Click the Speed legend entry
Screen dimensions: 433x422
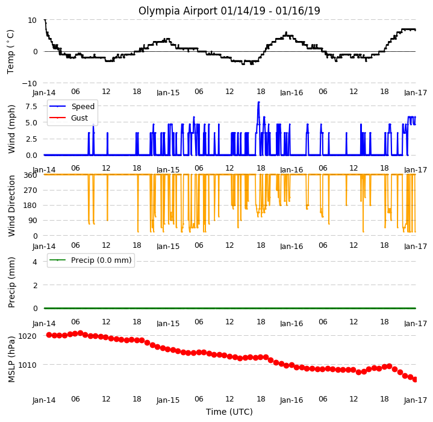click(x=72, y=106)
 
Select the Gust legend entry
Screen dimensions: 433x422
click(x=69, y=118)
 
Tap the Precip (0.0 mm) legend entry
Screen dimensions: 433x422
click(x=90, y=260)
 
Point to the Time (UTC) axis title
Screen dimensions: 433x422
click(x=229, y=412)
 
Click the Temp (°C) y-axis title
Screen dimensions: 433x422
click(x=10, y=52)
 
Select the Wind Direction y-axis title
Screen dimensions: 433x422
click(x=11, y=206)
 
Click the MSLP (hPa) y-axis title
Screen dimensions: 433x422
click(x=11, y=359)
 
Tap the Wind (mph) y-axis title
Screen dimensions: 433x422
click(x=11, y=129)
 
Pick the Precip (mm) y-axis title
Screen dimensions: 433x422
click(x=11, y=283)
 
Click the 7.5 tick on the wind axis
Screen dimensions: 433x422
click(x=31, y=106)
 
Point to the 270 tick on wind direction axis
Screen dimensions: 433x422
click(x=31, y=190)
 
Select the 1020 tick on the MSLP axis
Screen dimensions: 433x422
click(x=27, y=336)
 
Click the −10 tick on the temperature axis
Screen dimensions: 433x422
click(x=30, y=83)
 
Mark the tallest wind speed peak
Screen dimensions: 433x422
click(x=259, y=102)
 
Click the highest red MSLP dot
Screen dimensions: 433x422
click(x=80, y=333)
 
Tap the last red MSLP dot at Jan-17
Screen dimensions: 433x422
click(x=415, y=379)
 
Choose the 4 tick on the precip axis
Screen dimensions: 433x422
click(x=35, y=262)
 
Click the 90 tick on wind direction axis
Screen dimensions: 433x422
click(x=33, y=221)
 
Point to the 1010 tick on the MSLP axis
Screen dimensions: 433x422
click(x=27, y=365)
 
